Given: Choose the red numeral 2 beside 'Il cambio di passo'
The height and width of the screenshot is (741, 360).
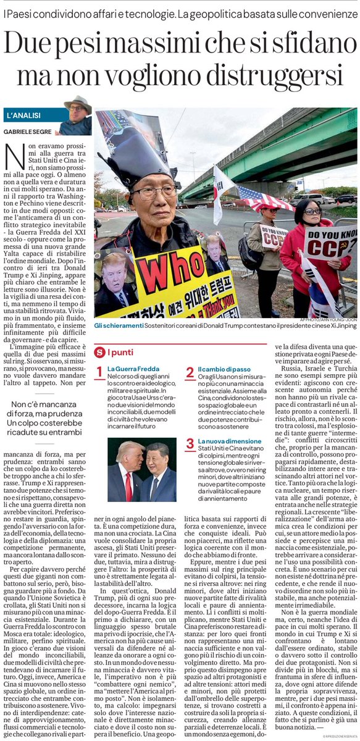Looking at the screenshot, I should point(190,372).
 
